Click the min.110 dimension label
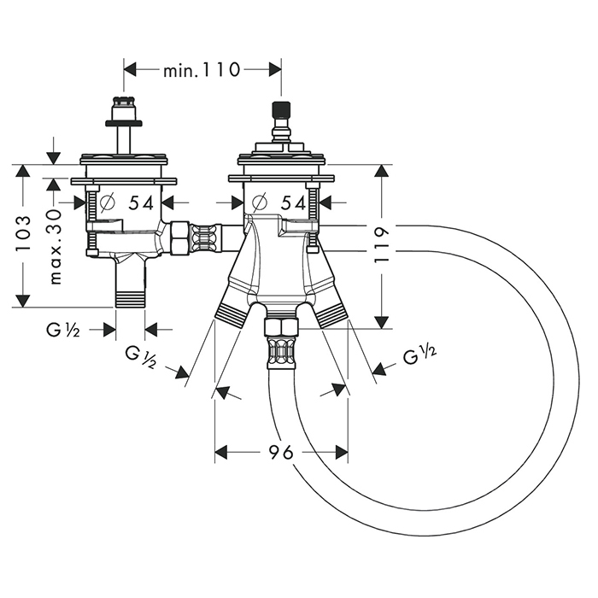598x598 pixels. pyautogui.click(x=202, y=69)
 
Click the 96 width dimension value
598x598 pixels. pyautogui.click(x=280, y=452)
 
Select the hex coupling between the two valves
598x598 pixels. pyautogui.click(x=180, y=238)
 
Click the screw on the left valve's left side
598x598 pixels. pyautogui.click(x=91, y=202)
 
